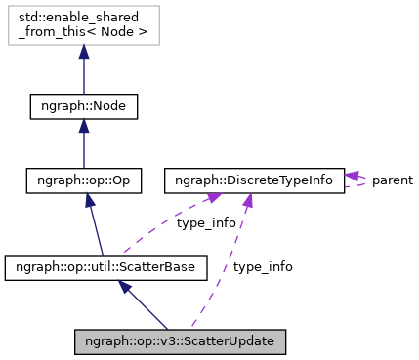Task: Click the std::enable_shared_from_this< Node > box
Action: pyautogui.click(x=83, y=26)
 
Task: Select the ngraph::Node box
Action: pyautogui.click(x=83, y=105)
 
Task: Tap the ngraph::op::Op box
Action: pyautogui.click(x=83, y=181)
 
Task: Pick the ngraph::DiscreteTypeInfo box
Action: pyautogui.click(x=254, y=181)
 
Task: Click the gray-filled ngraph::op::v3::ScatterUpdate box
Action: pyautogui.click(x=181, y=341)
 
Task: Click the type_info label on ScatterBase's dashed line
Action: pyautogui.click(x=206, y=223)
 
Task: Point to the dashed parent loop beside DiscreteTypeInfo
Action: pyautogui.click(x=366, y=181)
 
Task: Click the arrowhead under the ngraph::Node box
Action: pyautogui.click(x=83, y=127)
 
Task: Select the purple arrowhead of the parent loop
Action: pyautogui.click(x=352, y=176)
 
